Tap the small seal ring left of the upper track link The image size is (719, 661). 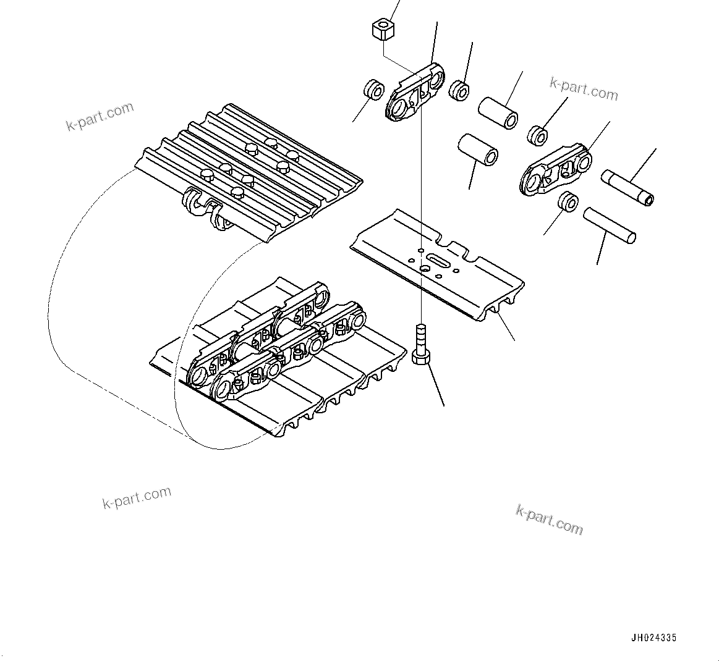click(373, 89)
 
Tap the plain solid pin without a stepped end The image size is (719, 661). click(610, 225)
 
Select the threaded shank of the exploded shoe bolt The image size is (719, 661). click(420, 336)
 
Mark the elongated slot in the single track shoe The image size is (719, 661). click(440, 260)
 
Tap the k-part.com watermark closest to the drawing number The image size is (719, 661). click(549, 519)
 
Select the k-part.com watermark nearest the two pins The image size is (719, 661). click(584, 88)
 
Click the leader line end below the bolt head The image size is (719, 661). click(444, 406)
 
